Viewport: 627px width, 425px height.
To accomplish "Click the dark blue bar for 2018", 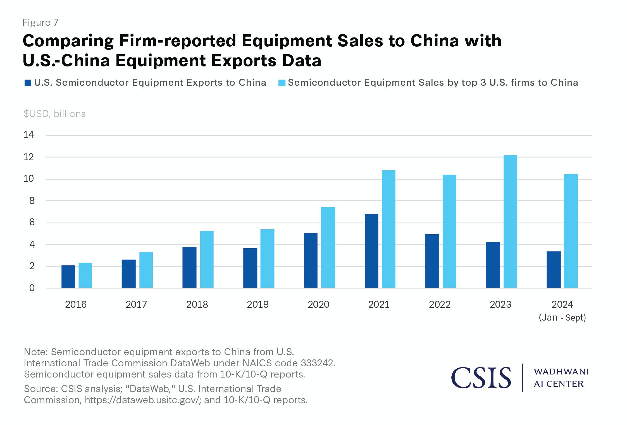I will (x=189, y=267).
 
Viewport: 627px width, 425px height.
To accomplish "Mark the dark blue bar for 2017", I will (x=128, y=274).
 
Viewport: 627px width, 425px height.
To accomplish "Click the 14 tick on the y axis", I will (x=28, y=135).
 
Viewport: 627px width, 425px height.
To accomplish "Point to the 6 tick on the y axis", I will (x=32, y=222).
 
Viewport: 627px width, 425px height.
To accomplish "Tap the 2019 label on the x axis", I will (x=258, y=304).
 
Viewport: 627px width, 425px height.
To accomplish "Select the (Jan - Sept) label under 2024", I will (x=562, y=318).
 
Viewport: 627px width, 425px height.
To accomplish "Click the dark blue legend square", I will (x=28, y=83).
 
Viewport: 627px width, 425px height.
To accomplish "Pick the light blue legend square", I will (x=282, y=83).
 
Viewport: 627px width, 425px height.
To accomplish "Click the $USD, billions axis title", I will (x=55, y=114).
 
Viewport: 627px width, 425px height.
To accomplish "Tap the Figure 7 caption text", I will (x=40, y=22).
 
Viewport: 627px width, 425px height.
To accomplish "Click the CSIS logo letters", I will (x=481, y=378).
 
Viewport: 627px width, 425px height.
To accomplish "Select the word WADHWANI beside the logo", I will (x=561, y=372).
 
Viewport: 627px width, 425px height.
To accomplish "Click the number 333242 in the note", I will (x=317, y=363).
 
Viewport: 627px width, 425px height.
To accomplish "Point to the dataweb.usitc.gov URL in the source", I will (x=142, y=400).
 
